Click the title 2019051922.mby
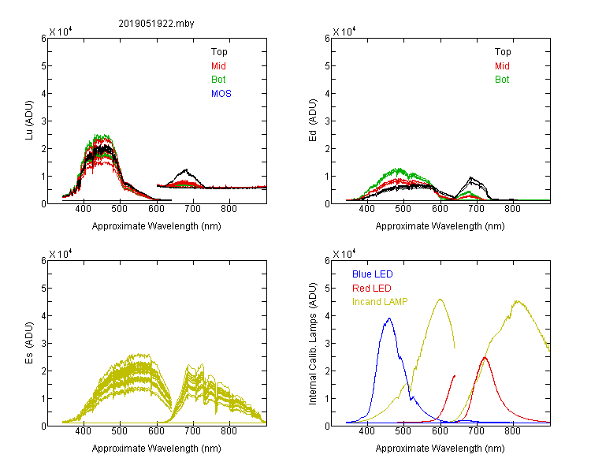point(156,24)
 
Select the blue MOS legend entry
point(221,94)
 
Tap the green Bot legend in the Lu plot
point(218,80)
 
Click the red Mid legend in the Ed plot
point(502,66)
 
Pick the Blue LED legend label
point(373,274)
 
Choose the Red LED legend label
point(372,289)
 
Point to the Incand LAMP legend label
point(380,302)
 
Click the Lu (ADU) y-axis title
point(29,120)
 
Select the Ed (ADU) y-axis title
point(313,120)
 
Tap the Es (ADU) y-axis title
point(29,342)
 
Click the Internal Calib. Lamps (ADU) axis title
point(313,344)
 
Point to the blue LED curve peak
point(389,318)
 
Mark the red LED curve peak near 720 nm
point(485,357)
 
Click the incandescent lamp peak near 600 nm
point(440,300)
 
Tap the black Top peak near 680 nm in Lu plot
point(185,169)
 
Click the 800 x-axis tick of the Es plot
point(229,430)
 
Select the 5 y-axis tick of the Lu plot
point(43,66)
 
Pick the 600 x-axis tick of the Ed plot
point(440,209)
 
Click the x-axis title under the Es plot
point(157,449)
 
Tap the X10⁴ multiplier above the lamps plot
point(344,254)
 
